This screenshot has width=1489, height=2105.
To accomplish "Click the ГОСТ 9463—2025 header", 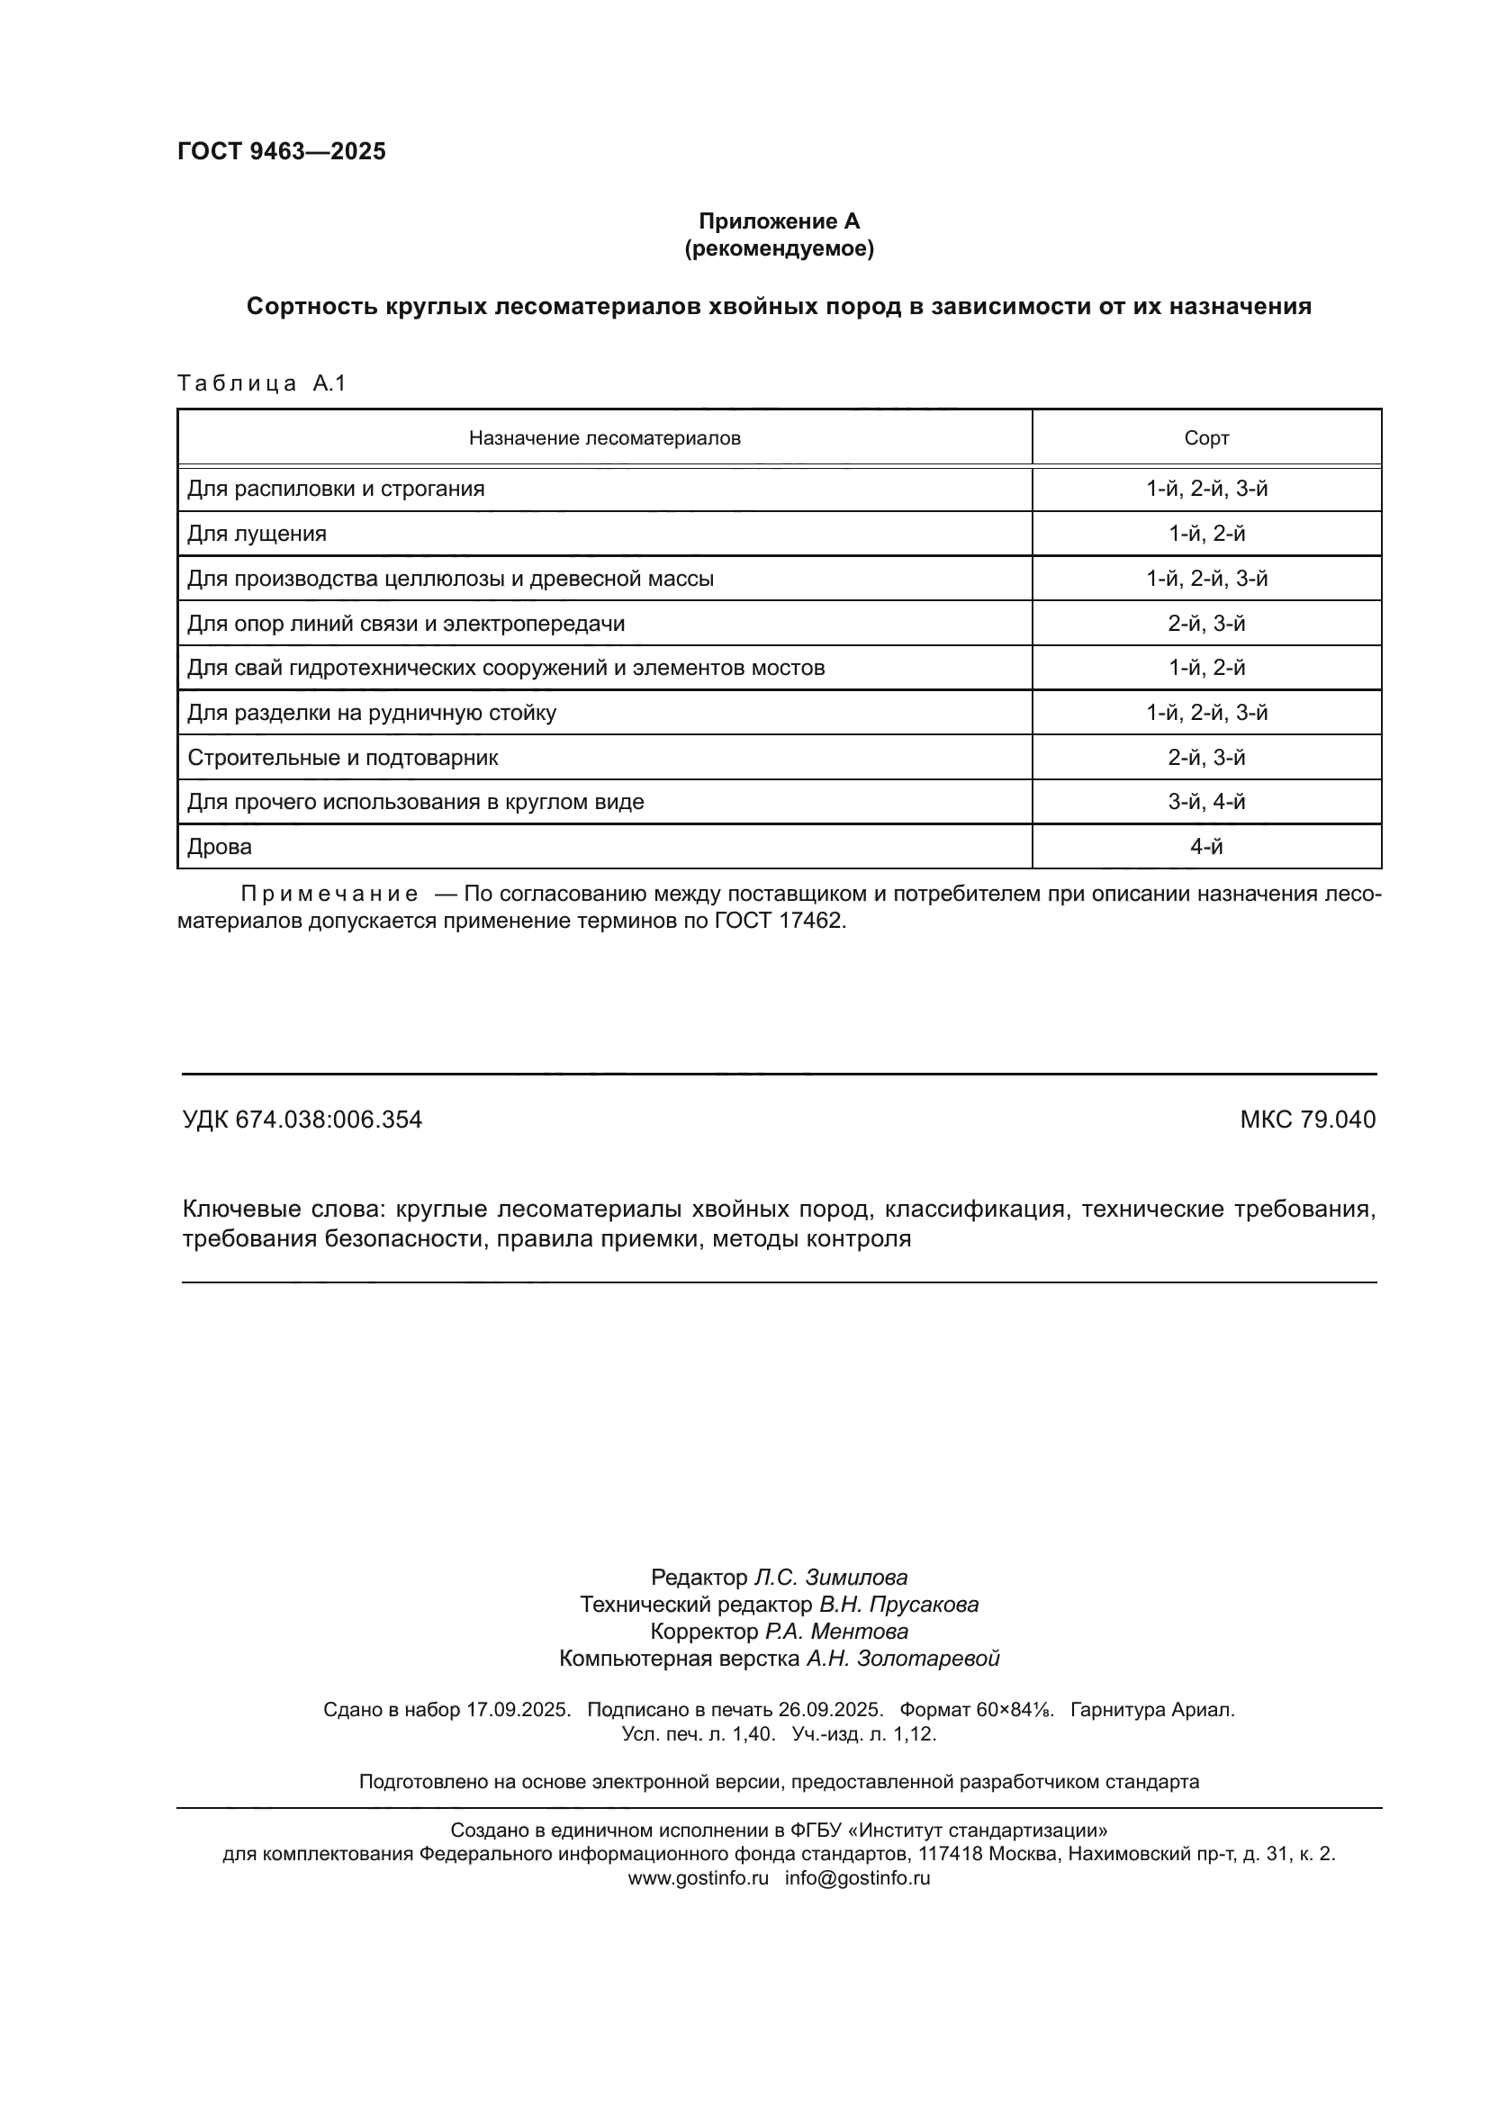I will coord(282,152).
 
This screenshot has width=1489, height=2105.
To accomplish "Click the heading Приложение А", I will coord(779,221).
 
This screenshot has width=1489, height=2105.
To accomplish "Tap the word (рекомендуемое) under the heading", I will coord(779,248).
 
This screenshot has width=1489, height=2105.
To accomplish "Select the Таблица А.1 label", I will coord(261,383).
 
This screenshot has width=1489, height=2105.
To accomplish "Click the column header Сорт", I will coord(1205,438).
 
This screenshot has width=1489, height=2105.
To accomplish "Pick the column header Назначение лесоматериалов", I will coord(604,438).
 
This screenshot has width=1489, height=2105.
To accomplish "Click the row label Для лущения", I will coord(257,534).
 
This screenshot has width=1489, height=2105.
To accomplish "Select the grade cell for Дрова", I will coord(1205,846).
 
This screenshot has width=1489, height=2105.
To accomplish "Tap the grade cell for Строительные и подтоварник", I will coord(1205,757).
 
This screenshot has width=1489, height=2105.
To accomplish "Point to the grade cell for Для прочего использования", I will coord(1205,802).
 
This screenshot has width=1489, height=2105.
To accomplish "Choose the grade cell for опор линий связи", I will coord(1205,624).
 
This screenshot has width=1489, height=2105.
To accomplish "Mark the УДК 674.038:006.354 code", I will coord(302,1120).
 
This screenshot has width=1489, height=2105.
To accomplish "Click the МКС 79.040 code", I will coord(1307,1120).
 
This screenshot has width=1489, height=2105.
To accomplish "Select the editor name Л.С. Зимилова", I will coord(831,1577).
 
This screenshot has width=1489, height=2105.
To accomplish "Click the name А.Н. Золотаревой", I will coord(902,1658).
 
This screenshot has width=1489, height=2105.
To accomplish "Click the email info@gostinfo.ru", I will coord(857,1877).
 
